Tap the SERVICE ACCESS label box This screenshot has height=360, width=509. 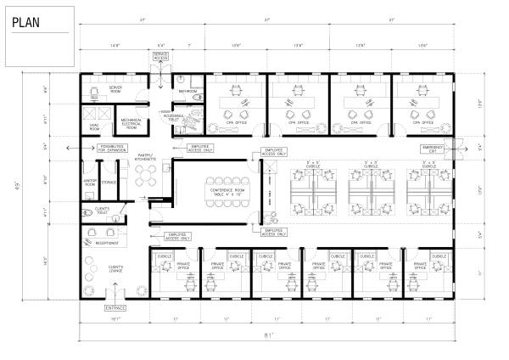(160, 56)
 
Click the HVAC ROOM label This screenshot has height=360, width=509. (96, 126)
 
